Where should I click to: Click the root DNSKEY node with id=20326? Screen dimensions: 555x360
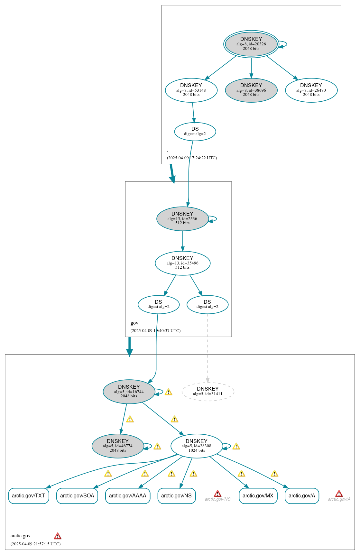251,44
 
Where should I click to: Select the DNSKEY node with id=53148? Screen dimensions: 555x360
191,90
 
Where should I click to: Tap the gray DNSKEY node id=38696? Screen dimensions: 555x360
251,90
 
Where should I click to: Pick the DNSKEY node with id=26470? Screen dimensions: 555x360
311,90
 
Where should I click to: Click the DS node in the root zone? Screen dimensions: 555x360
195,131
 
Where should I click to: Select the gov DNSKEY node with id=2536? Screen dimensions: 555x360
182,218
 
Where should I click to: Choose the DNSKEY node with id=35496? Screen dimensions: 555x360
182,263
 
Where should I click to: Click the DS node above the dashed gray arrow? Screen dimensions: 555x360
207,304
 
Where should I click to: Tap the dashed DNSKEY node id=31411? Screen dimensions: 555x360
208,391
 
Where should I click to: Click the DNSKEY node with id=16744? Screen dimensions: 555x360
129,391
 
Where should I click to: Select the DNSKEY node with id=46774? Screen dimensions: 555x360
118,446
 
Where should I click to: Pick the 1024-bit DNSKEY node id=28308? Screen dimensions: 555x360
197,446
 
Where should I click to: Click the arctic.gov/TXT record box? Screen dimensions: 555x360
29,495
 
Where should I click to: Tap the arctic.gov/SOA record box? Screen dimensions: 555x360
77,495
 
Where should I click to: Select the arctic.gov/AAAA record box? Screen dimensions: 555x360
128,495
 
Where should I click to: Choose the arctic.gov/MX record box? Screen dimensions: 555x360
258,495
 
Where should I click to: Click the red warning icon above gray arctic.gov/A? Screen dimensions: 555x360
339,494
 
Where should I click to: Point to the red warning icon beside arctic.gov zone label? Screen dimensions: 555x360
58,536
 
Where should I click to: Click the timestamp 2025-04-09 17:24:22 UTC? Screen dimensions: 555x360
192,158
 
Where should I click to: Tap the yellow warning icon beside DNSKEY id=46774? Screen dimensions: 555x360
157,446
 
